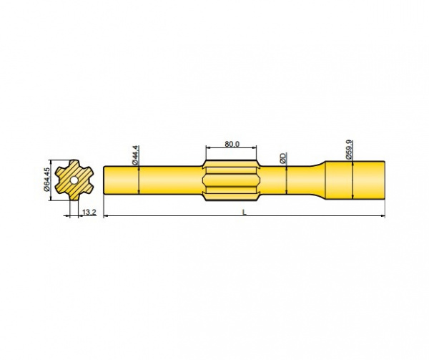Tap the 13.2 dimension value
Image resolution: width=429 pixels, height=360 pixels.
[89, 213]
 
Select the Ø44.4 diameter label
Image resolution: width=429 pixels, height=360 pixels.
[135, 155]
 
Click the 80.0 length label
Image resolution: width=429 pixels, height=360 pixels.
[231, 144]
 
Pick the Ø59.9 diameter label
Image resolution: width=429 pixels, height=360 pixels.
[350, 148]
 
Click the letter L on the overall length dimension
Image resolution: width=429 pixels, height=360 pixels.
[245, 212]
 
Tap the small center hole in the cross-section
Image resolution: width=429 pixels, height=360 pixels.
[74, 180]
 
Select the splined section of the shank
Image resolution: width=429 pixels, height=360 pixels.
[231, 179]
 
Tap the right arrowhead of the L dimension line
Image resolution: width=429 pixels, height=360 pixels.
[383, 215]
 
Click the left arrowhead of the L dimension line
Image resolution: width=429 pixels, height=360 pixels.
[107, 215]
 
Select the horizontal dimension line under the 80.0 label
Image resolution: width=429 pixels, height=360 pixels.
[231, 148]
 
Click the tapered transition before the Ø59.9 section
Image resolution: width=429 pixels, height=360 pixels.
[318, 179]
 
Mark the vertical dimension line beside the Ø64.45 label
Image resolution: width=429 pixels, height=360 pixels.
[51, 180]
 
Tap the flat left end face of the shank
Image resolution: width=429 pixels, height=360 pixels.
[105, 180]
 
